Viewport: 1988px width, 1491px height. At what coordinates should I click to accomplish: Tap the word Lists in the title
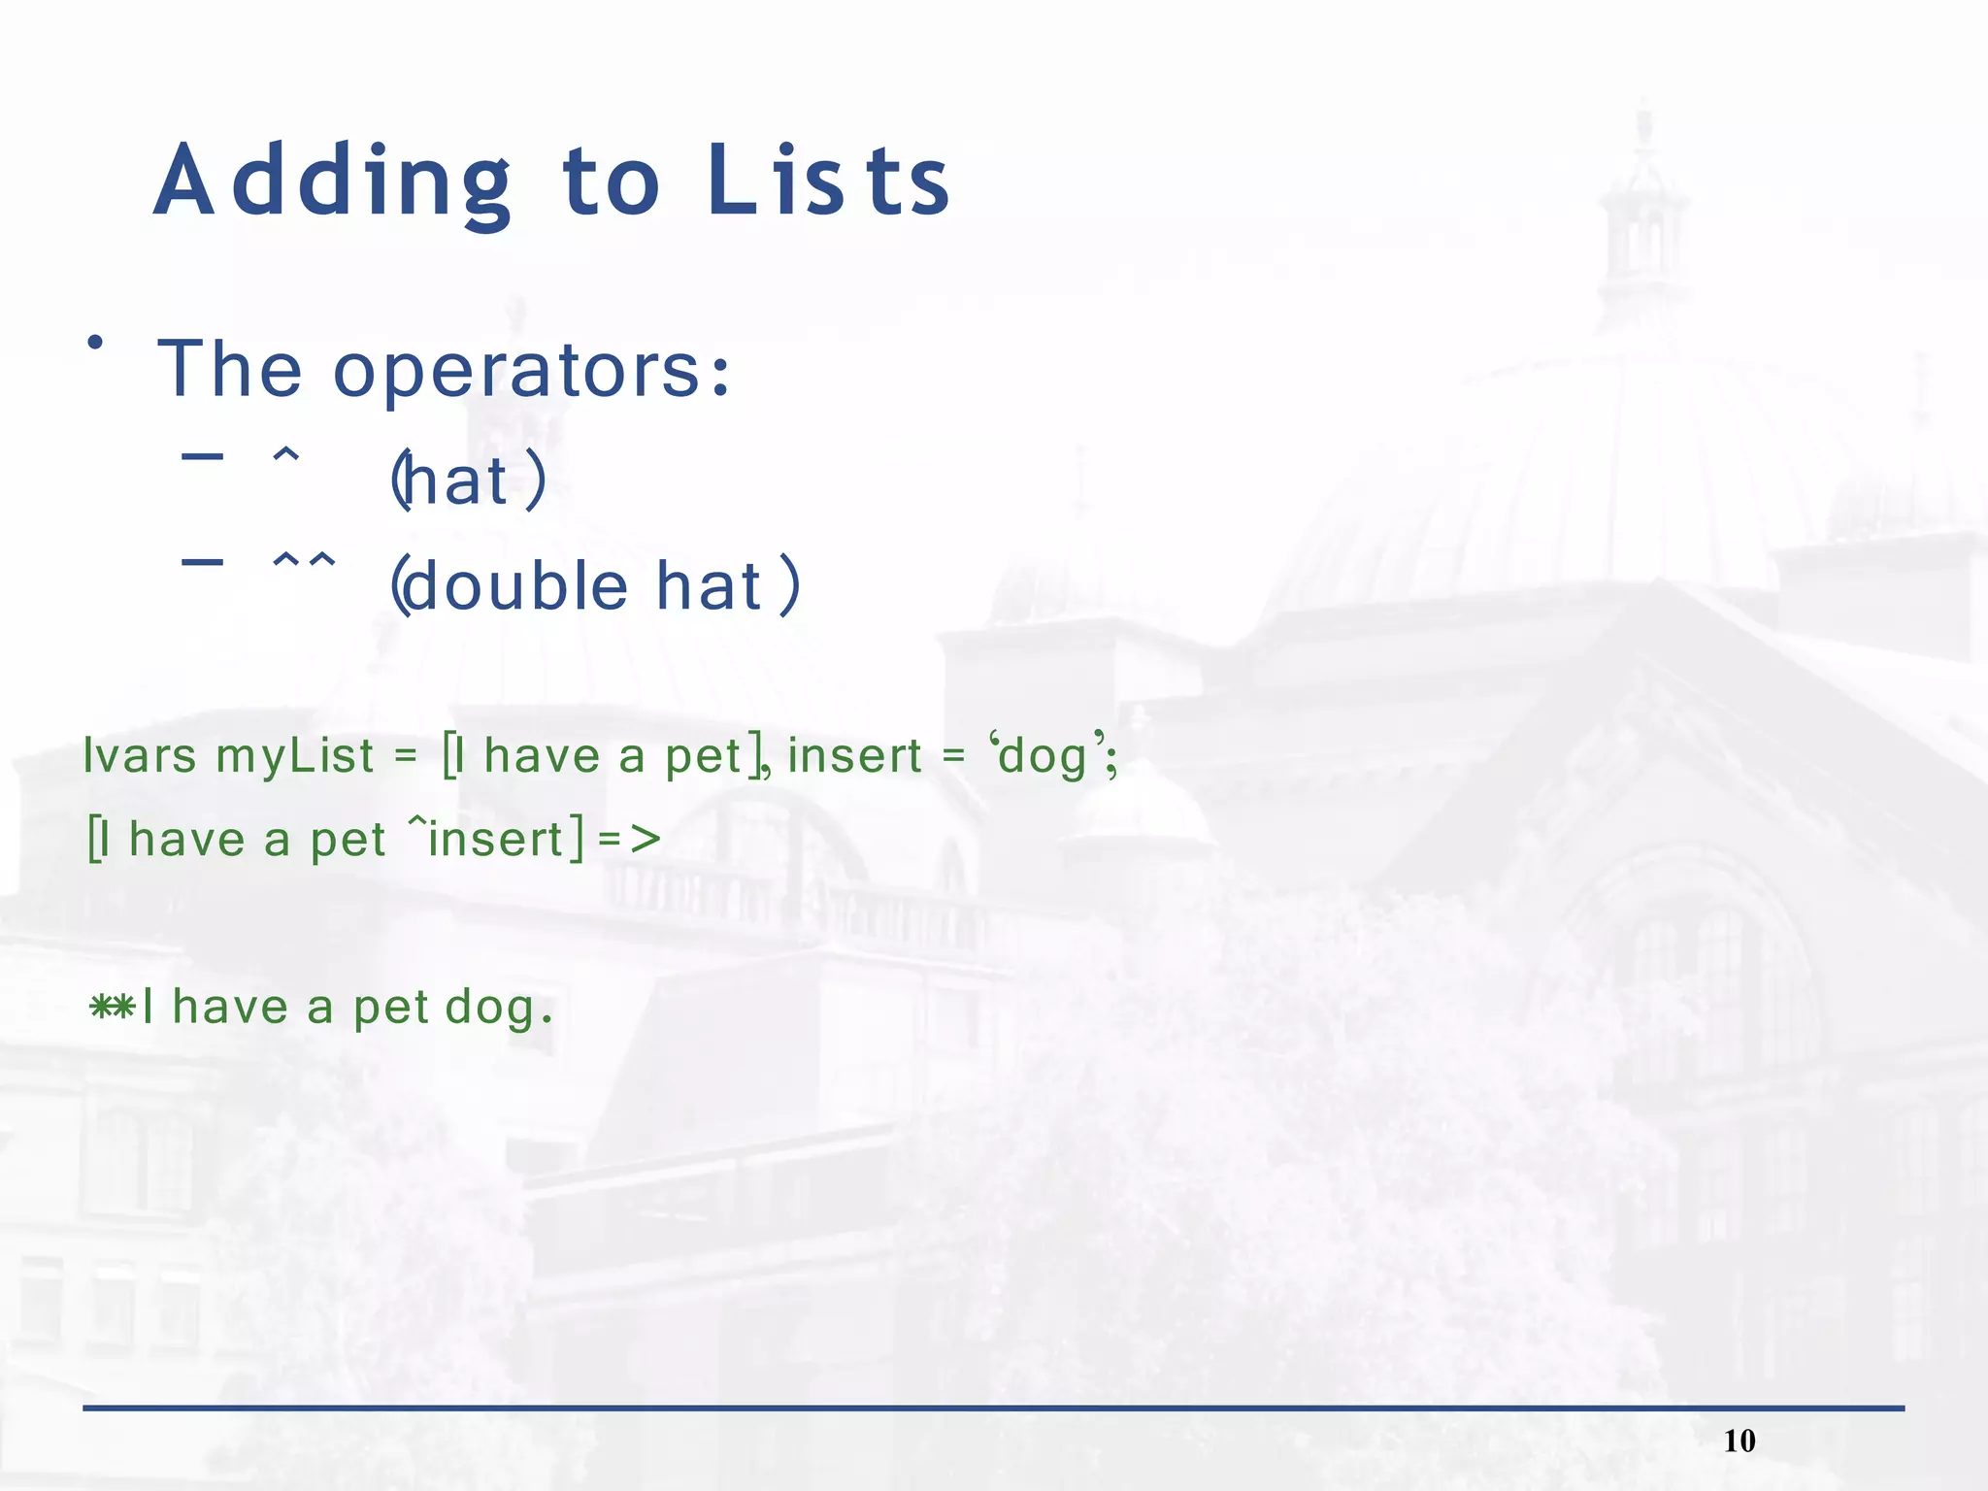(x=828, y=181)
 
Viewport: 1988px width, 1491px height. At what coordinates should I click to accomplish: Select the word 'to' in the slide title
(x=612, y=182)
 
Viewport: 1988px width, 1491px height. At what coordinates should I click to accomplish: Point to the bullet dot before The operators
(x=94, y=342)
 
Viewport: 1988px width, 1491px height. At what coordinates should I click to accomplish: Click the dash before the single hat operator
(x=202, y=455)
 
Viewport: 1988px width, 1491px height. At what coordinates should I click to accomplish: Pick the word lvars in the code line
(x=140, y=755)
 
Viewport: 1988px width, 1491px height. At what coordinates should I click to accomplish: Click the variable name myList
(x=294, y=756)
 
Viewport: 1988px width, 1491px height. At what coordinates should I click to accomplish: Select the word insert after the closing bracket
(x=854, y=756)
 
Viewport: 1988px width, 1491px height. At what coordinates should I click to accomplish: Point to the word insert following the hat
(x=495, y=839)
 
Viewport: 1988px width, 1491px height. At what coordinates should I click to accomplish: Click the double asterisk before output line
(x=112, y=1007)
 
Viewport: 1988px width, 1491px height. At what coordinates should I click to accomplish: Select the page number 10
(x=1739, y=1441)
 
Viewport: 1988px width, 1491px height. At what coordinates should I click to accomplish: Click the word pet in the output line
(x=391, y=1009)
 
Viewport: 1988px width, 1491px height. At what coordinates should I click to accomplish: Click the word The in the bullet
(x=229, y=369)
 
